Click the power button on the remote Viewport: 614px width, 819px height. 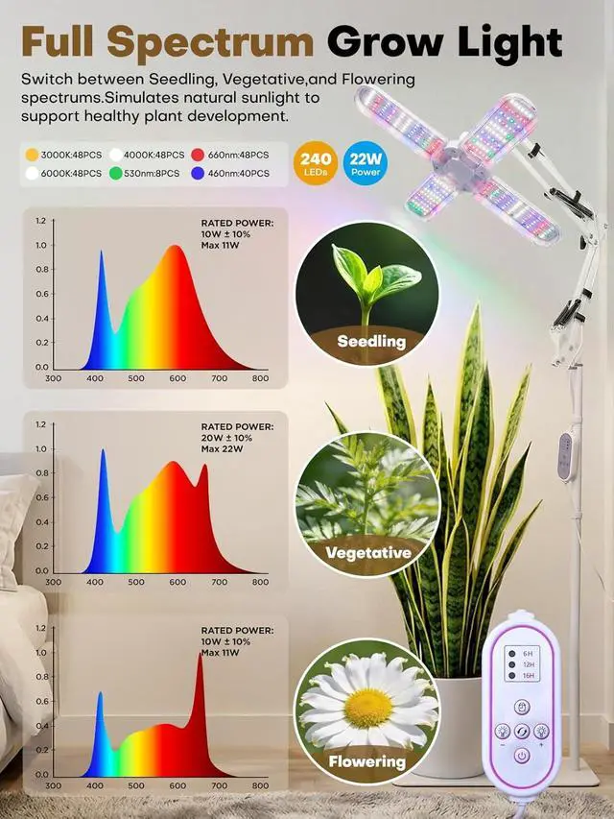(520, 756)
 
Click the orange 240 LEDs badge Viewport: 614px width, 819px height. (318, 162)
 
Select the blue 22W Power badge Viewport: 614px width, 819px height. (365, 162)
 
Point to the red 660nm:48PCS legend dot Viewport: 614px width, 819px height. (199, 154)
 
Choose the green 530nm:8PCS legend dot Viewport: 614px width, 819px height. (116, 174)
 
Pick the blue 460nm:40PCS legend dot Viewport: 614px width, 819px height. (199, 174)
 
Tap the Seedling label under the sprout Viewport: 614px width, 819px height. (370, 341)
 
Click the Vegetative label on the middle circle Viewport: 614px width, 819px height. (368, 552)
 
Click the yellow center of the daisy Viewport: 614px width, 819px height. (368, 708)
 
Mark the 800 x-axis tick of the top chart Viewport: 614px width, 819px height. (260, 379)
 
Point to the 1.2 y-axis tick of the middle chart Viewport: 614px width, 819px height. (40, 424)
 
